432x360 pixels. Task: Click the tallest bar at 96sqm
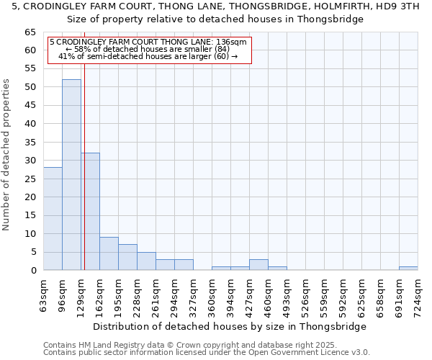point(71,175)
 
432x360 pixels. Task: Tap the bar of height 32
point(91,212)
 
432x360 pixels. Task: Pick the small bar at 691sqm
point(408,268)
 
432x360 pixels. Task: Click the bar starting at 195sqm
point(127,258)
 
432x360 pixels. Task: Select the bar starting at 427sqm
point(258,265)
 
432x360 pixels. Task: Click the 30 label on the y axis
point(30,161)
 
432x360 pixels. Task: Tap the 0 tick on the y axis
point(33,271)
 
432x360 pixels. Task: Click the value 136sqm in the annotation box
point(233,42)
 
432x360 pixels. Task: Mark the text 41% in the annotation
point(66,56)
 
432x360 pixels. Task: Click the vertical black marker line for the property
point(84,180)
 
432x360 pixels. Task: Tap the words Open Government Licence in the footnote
point(310,352)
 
